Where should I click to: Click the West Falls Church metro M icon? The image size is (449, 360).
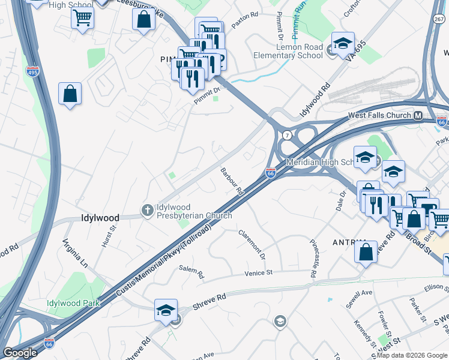tap(417, 115)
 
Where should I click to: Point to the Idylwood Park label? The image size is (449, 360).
tap(73, 303)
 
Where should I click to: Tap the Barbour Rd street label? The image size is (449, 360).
tap(231, 181)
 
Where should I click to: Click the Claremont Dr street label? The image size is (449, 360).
tap(252, 244)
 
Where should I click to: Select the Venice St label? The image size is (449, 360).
tap(259, 272)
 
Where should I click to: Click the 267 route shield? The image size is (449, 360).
tap(439, 19)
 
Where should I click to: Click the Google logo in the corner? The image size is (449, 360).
tap(20, 352)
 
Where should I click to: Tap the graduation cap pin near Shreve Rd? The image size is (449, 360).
tap(166, 310)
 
